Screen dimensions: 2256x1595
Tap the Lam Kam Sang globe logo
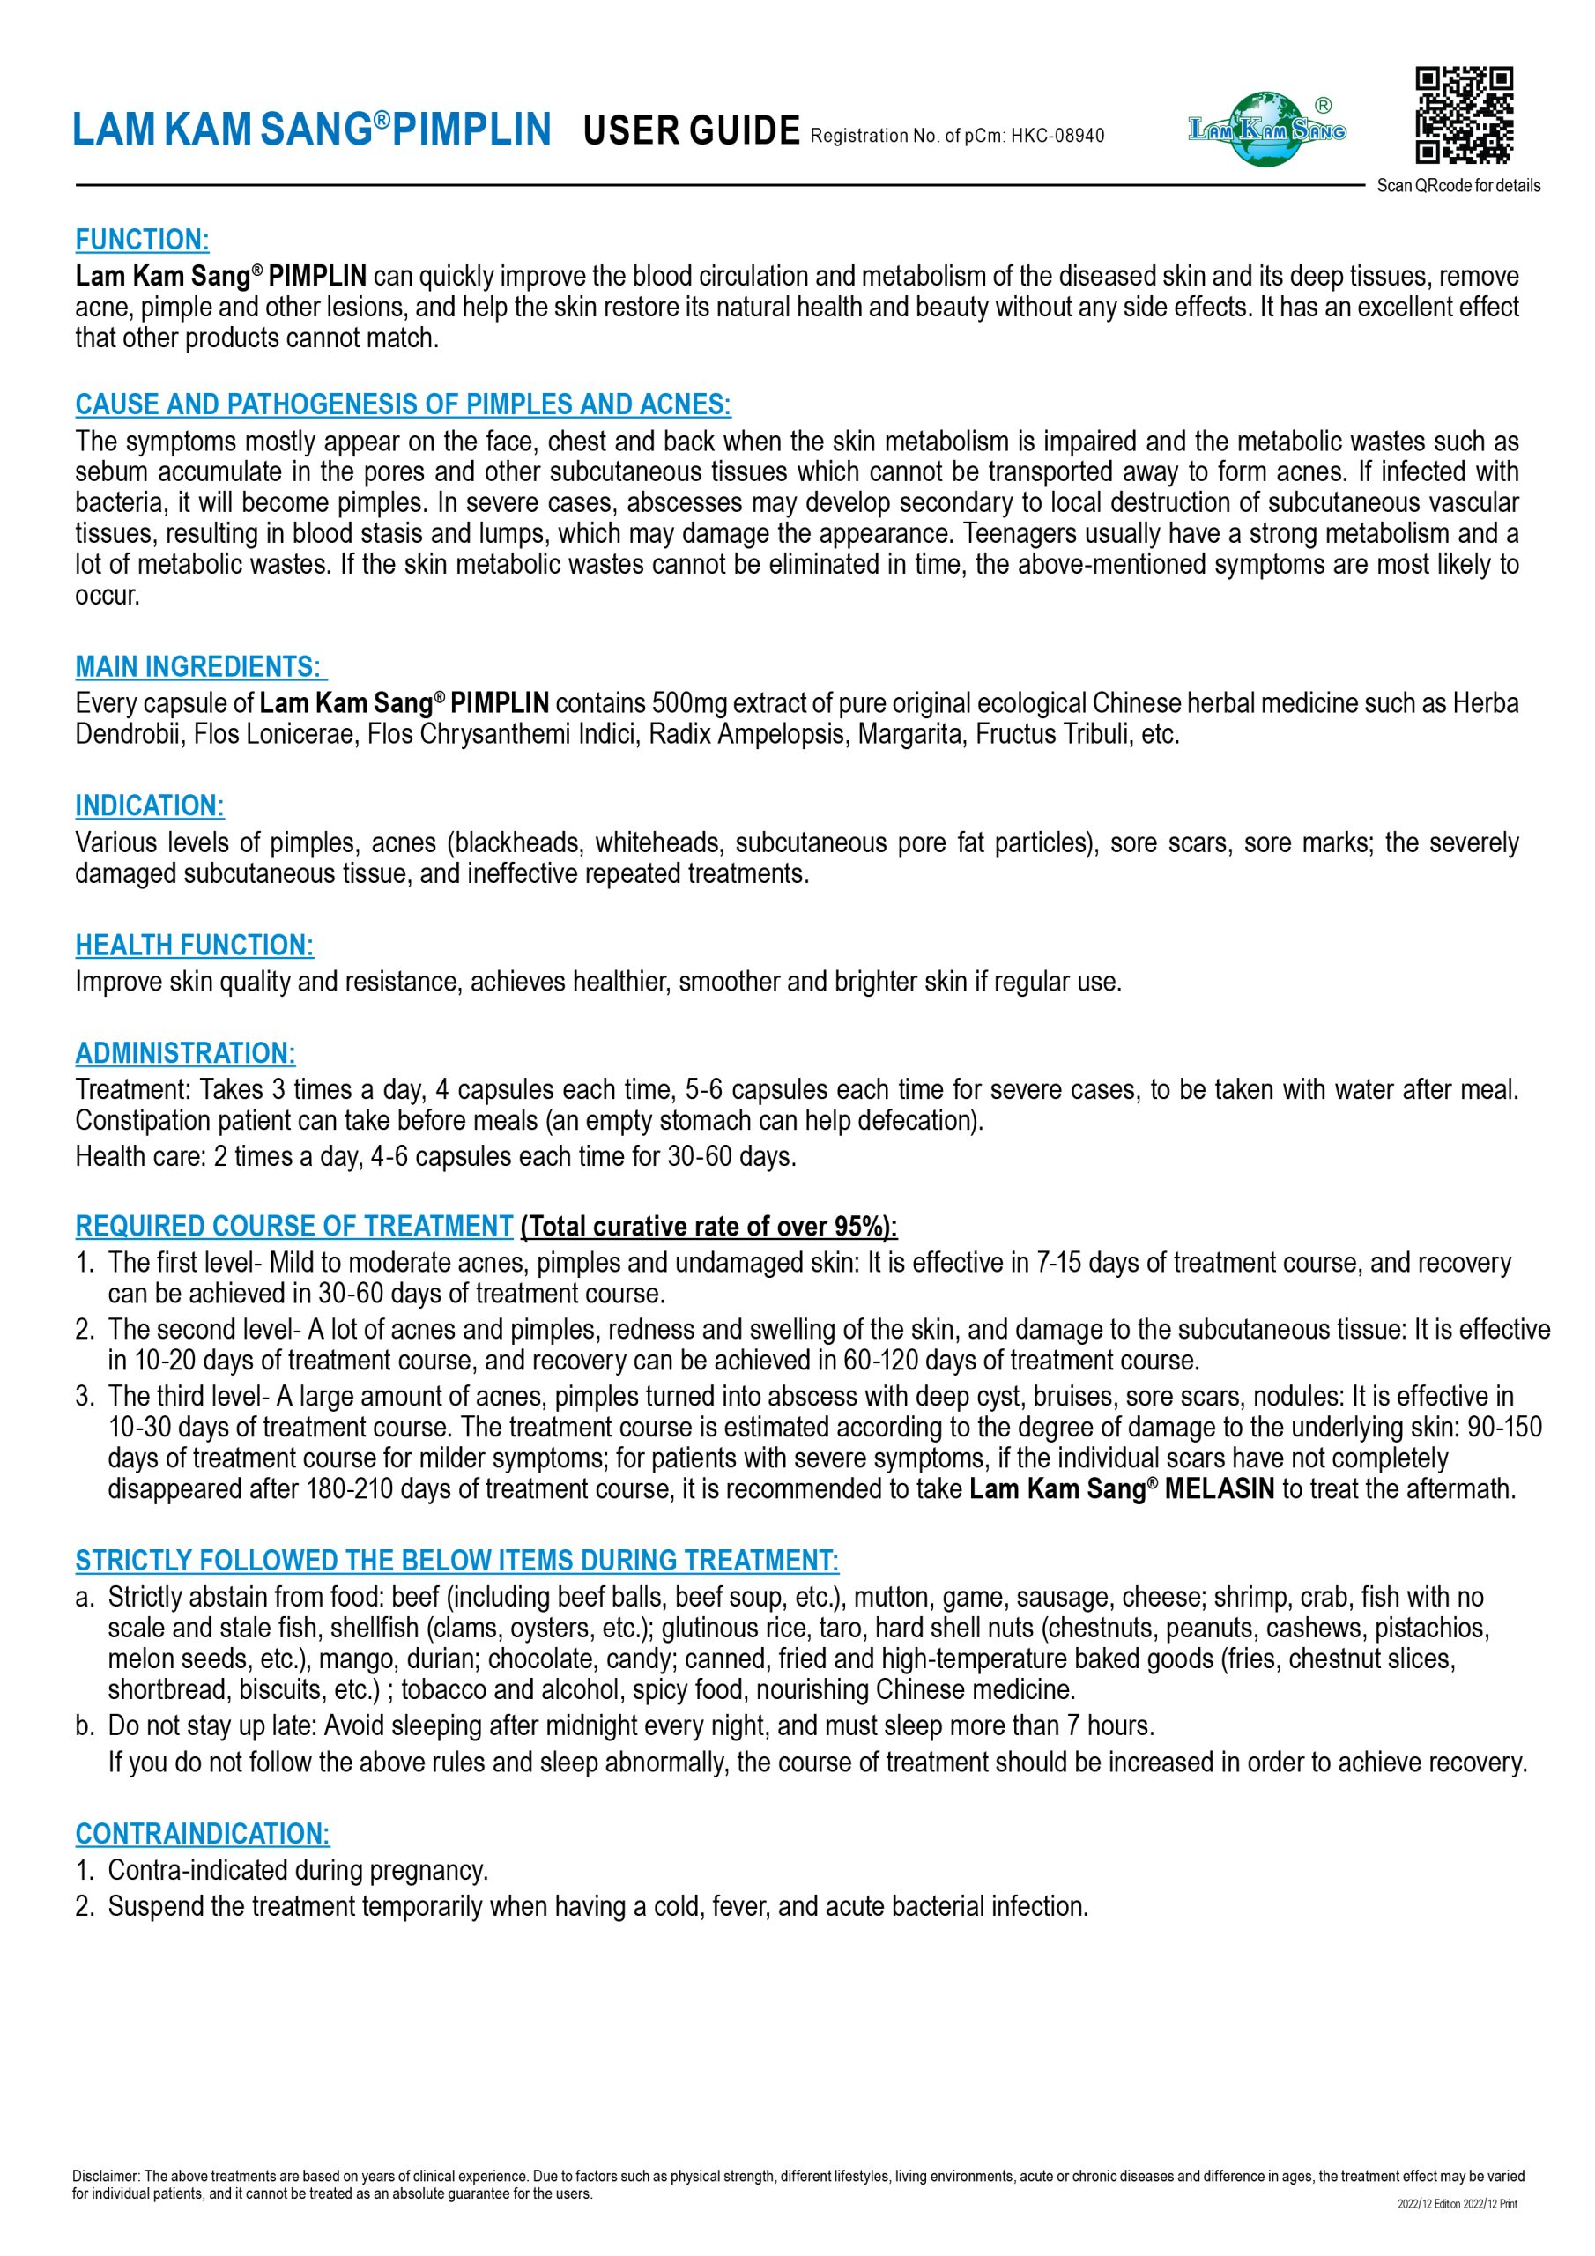[1267, 129]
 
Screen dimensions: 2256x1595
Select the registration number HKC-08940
[1057, 136]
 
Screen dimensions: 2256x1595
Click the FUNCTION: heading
[142, 240]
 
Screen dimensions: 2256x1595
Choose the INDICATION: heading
[150, 805]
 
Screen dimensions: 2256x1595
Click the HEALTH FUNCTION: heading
[194, 946]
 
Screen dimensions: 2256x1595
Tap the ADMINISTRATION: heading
[185, 1053]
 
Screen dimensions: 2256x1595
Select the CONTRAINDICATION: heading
[203, 1834]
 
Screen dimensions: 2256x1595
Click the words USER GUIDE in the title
[691, 130]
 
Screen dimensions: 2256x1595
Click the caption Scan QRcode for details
[1458, 186]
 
